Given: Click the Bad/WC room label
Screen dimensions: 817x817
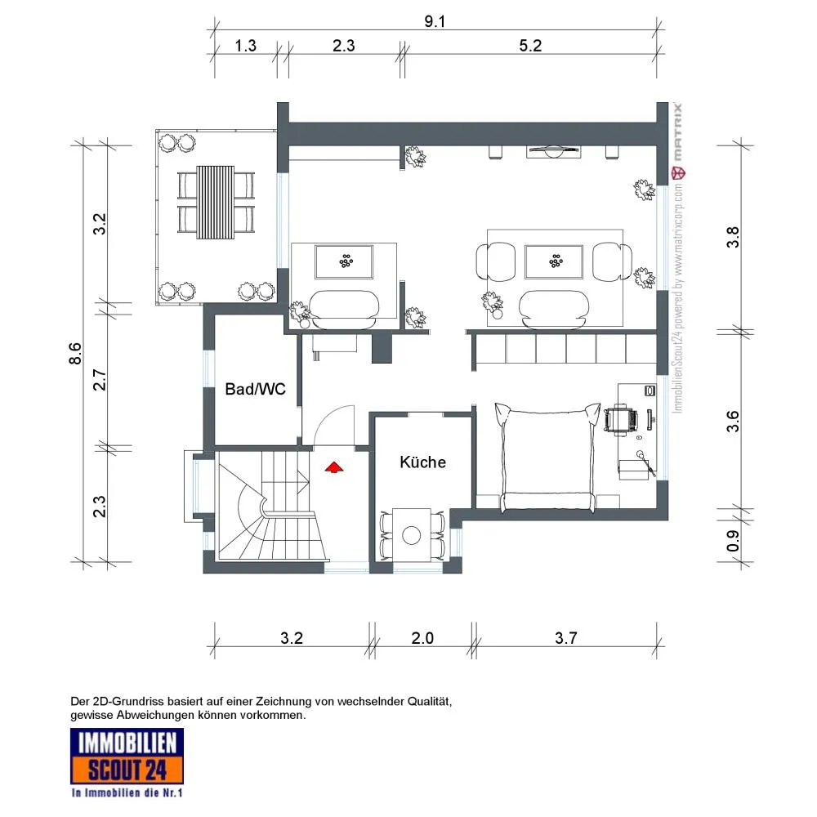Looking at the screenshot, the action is click(255, 389).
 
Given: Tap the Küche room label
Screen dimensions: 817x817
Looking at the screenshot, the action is click(422, 462).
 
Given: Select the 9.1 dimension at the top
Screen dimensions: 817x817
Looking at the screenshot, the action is click(435, 21).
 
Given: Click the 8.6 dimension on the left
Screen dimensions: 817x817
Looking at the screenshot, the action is click(75, 353).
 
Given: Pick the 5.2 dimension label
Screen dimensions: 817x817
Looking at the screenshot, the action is click(530, 45).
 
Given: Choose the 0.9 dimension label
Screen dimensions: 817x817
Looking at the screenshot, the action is click(733, 541).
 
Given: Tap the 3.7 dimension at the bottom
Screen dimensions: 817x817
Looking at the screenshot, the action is click(566, 638).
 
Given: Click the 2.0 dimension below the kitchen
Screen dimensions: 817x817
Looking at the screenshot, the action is click(422, 638).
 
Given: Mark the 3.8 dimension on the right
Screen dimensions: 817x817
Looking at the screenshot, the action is click(733, 237).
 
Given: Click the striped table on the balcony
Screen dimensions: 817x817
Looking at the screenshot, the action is click(215, 202).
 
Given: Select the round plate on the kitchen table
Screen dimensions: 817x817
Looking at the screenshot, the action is click(412, 535).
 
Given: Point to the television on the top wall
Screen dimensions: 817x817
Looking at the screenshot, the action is click(553, 152).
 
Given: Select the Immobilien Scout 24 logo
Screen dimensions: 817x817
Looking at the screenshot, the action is click(127, 762).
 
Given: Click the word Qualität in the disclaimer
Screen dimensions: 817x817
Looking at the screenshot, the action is click(430, 701).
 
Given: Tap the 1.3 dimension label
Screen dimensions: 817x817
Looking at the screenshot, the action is click(245, 45).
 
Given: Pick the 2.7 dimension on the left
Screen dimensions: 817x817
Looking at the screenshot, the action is click(99, 380).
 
